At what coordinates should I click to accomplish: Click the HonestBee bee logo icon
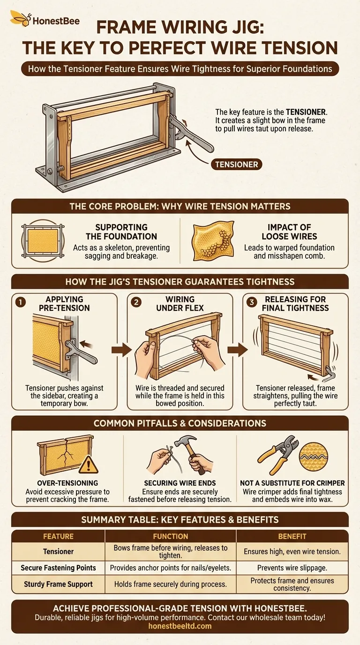click(x=20, y=19)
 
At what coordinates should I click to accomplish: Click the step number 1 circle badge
click(x=20, y=303)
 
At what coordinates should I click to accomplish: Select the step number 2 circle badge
click(x=136, y=303)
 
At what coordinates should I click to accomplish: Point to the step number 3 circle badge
click(x=251, y=303)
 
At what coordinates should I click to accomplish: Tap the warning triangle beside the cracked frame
click(x=89, y=465)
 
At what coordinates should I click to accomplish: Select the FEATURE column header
click(x=58, y=536)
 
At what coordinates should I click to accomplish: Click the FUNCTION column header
click(x=171, y=536)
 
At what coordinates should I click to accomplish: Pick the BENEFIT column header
click(x=292, y=536)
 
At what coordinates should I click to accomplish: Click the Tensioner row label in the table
click(x=58, y=552)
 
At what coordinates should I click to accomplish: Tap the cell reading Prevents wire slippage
click(x=292, y=568)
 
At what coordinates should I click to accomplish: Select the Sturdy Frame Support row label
click(x=58, y=584)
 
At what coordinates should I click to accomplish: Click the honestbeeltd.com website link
click(x=180, y=626)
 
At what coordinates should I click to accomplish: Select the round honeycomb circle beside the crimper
click(x=314, y=454)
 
